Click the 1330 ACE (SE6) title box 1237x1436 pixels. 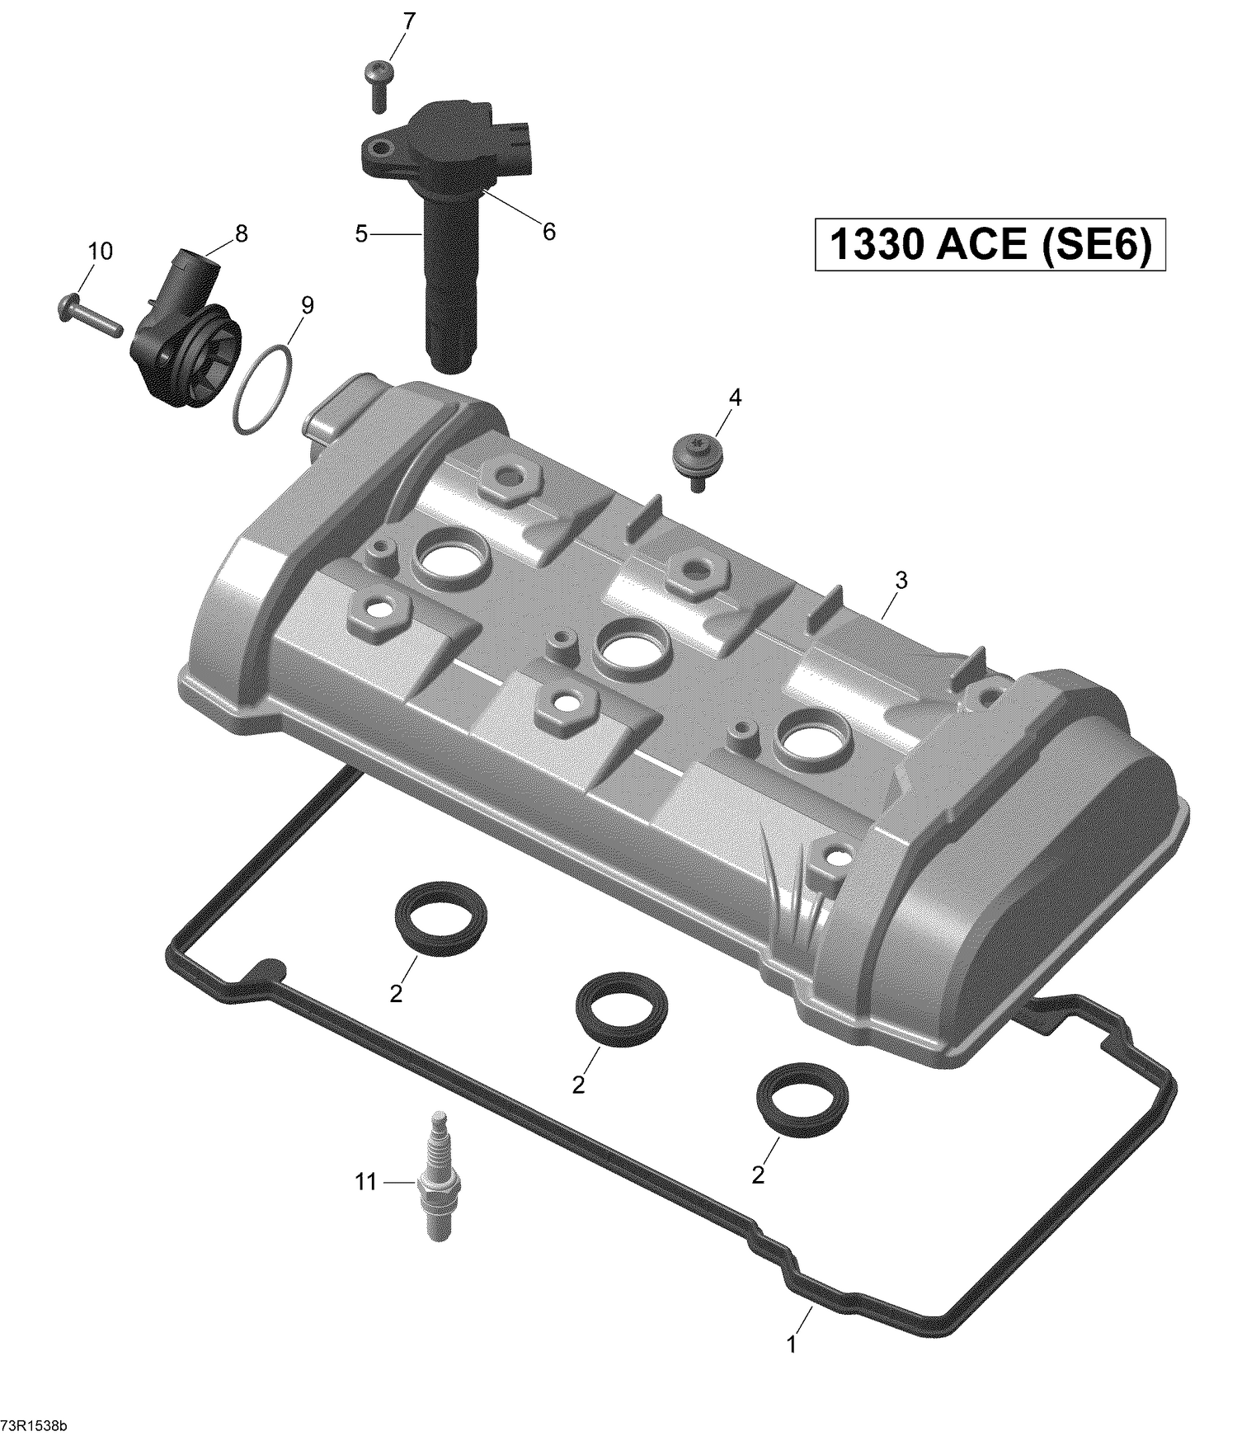tap(990, 245)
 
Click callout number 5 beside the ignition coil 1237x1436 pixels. tap(361, 234)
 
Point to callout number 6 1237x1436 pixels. tap(548, 232)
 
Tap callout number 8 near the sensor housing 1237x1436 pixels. tap(241, 234)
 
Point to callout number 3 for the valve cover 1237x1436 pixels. tap(901, 581)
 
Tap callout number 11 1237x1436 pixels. tap(365, 1182)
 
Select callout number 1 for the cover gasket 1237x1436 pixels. tap(791, 1345)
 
